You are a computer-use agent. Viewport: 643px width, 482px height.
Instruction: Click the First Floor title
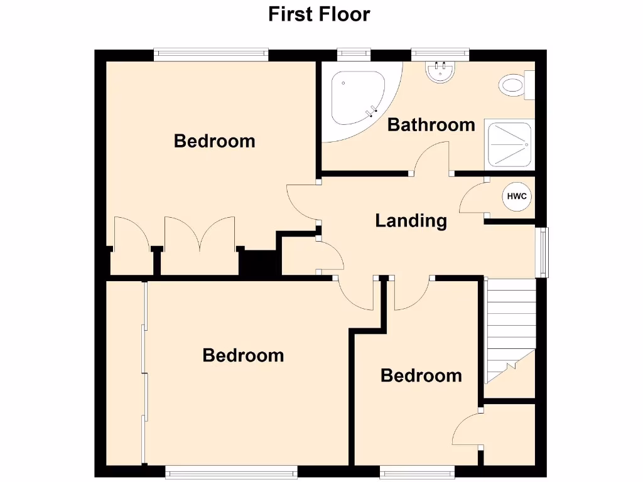click(x=319, y=14)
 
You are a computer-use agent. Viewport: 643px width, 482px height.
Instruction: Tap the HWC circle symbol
click(x=517, y=197)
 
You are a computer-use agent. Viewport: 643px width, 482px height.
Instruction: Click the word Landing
click(x=411, y=221)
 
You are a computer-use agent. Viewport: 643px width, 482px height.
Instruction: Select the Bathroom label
click(x=431, y=125)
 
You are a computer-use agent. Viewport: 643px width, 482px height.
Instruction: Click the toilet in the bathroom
click(x=514, y=86)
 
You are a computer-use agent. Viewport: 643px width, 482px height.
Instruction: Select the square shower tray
click(x=509, y=144)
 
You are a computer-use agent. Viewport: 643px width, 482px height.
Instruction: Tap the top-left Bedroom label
click(x=214, y=141)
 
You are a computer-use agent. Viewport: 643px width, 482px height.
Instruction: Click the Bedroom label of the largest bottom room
click(x=243, y=356)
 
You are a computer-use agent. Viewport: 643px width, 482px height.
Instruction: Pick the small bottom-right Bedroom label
click(x=421, y=376)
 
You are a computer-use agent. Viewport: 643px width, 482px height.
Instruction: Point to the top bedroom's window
click(x=211, y=55)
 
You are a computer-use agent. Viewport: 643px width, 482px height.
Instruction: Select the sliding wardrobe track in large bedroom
click(x=144, y=373)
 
